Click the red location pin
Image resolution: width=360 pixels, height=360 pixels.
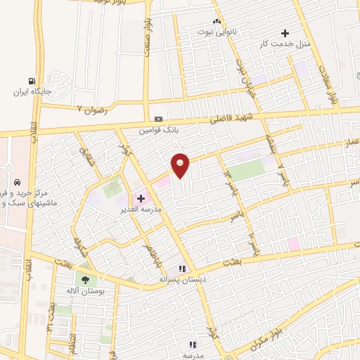click(181, 165)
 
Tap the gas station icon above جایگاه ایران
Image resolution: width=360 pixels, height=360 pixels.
click(31, 81)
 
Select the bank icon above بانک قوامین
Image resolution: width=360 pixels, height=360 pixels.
click(159, 119)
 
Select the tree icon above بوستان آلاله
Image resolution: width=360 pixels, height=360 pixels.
click(85, 279)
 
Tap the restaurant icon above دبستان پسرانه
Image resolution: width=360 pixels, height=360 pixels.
click(182, 268)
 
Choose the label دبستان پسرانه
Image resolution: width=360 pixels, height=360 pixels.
click(183, 278)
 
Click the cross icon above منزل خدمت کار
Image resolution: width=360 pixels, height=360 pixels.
click(285, 32)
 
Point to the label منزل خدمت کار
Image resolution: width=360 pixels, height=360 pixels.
click(285, 44)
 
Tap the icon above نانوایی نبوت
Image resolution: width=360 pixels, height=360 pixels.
click(217, 21)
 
